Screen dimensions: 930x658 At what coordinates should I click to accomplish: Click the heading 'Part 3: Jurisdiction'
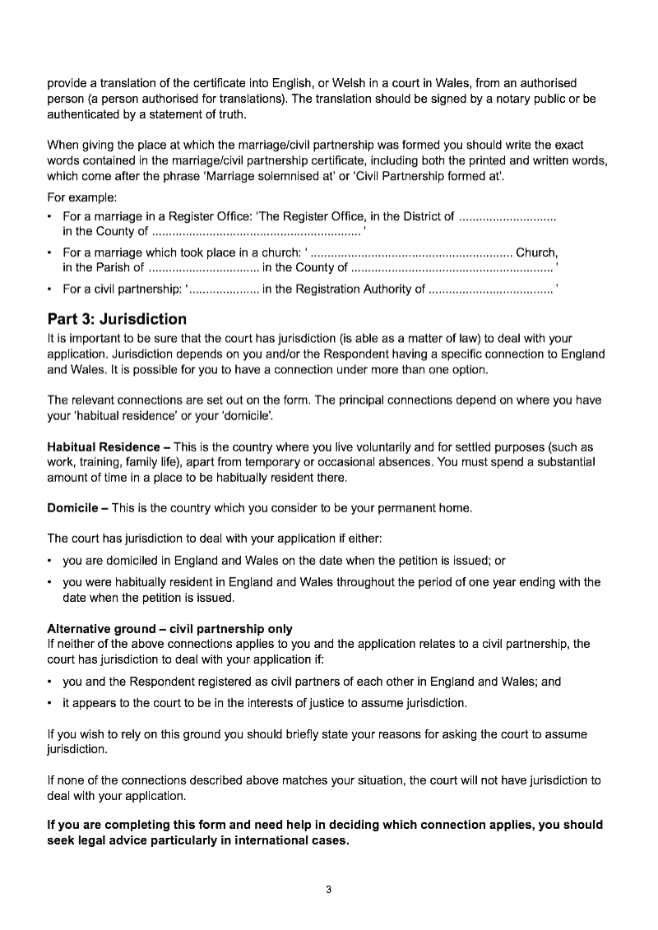[117, 319]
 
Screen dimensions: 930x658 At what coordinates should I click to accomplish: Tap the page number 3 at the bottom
[329, 889]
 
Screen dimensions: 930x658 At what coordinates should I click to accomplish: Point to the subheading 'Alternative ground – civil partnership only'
[169, 629]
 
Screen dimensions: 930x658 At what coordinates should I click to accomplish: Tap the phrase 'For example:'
[82, 197]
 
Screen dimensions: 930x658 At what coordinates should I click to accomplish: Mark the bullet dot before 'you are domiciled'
[50, 561]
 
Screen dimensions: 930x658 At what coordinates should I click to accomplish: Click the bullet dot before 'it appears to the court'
[50, 703]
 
